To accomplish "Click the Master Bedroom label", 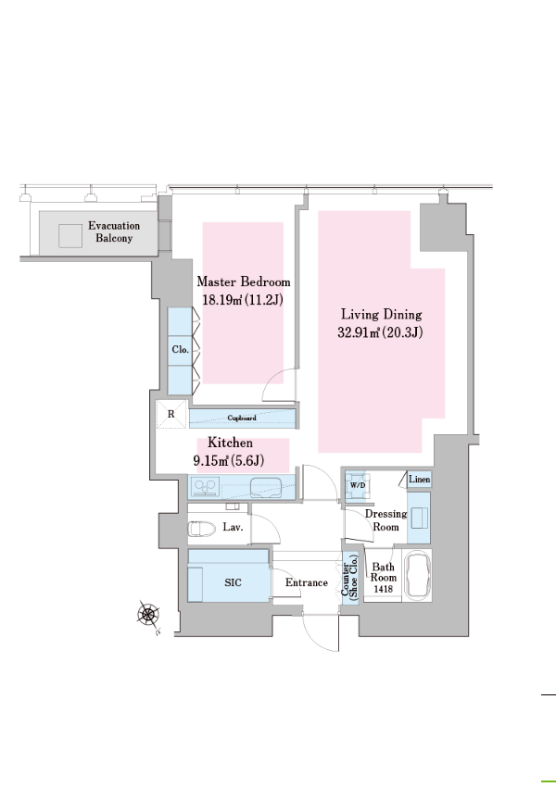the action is [244, 281].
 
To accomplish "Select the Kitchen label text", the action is [230, 443].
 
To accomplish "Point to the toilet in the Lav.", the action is [201, 529].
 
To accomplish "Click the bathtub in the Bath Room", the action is [418, 574].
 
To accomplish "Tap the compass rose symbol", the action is [148, 615].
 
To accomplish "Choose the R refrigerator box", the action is [171, 414].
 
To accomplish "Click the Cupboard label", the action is [242, 418].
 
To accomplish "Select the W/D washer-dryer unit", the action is [358, 485].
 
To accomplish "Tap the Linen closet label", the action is [420, 480].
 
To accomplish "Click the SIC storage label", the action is [233, 582].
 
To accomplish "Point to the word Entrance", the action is [307, 582].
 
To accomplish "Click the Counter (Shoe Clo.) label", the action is [350, 576].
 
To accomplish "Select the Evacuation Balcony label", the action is [114, 231].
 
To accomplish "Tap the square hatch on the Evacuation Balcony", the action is [70, 236].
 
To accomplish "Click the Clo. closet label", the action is [181, 349].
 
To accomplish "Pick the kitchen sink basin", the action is [266, 486].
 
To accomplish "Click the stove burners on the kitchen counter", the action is [207, 487].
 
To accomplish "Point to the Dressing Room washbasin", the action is [419, 518].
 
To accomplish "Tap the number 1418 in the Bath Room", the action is [384, 589].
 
